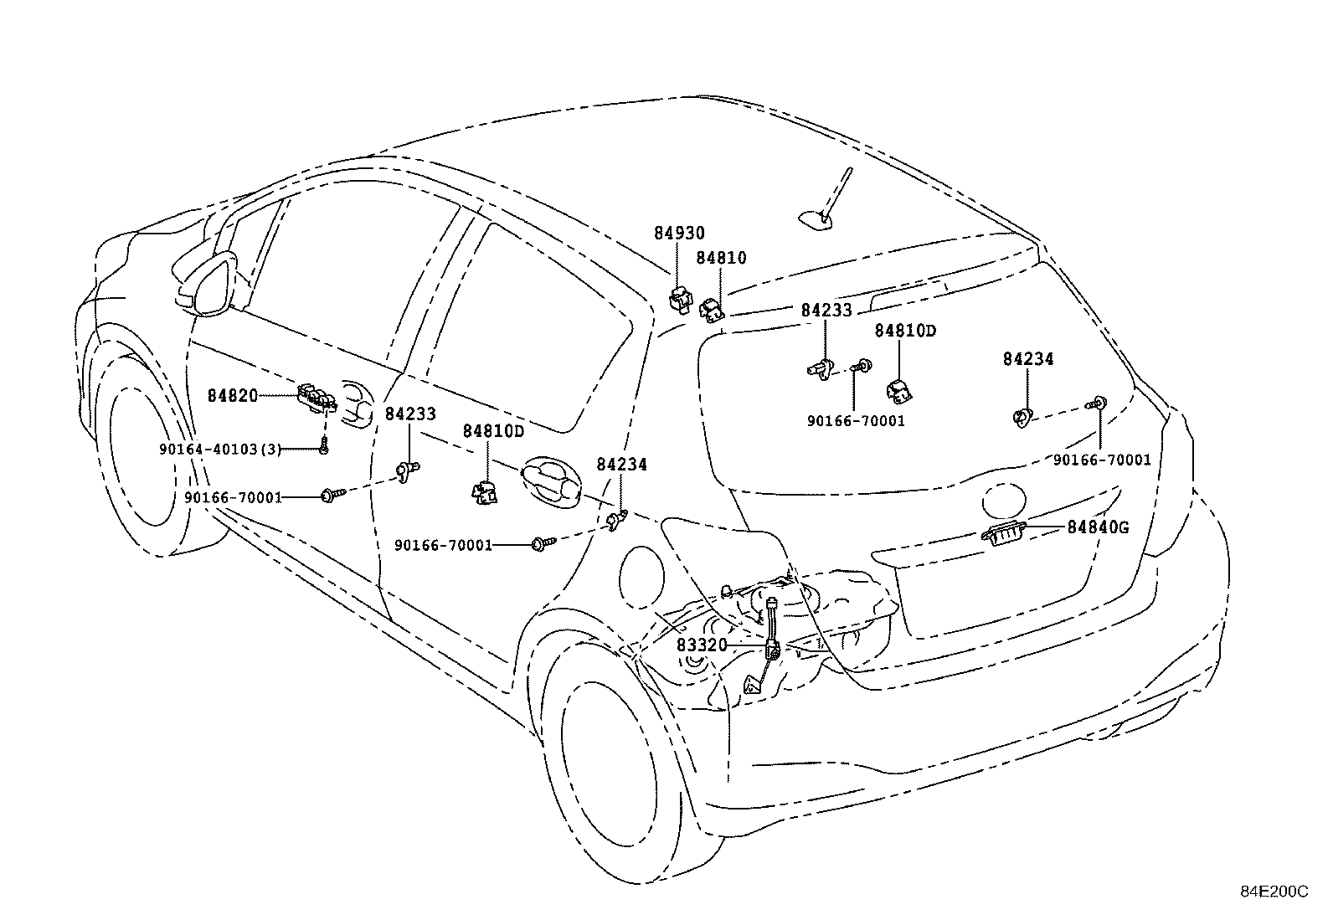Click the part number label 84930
pos(679,234)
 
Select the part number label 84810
pos(721,259)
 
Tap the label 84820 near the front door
pos(233,396)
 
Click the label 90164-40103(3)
pos(220,450)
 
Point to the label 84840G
pos(1098,527)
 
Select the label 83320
pos(702,645)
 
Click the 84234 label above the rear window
pos(1027,359)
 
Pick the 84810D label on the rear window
pos(905,331)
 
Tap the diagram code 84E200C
pos(1274,892)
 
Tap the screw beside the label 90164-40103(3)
pos(323,449)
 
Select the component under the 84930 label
pos(679,297)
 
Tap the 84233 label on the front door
pos(410,414)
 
